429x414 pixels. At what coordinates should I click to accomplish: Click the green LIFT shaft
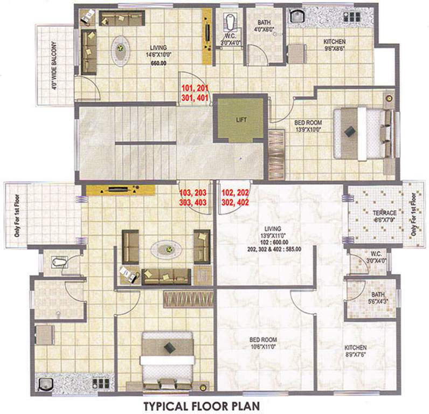241,120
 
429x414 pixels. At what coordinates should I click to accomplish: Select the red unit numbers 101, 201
194,87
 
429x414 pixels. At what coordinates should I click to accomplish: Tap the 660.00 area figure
158,61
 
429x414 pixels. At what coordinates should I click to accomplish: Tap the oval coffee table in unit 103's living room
167,249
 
